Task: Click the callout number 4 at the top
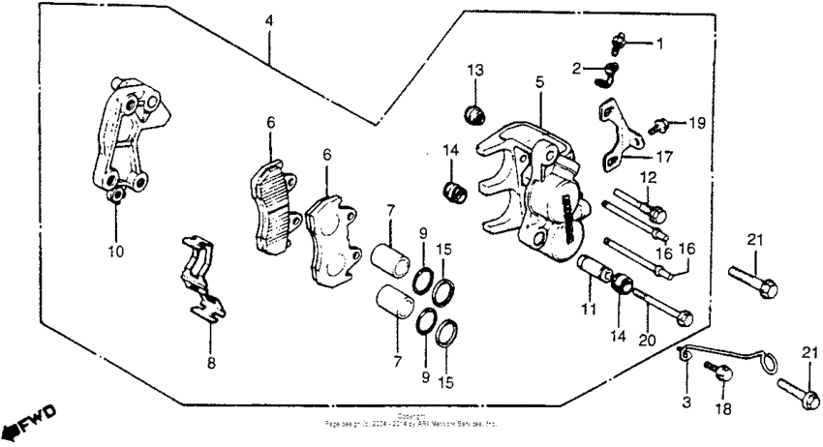click(269, 18)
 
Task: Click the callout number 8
click(210, 364)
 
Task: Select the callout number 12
click(647, 177)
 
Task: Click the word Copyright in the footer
click(411, 416)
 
